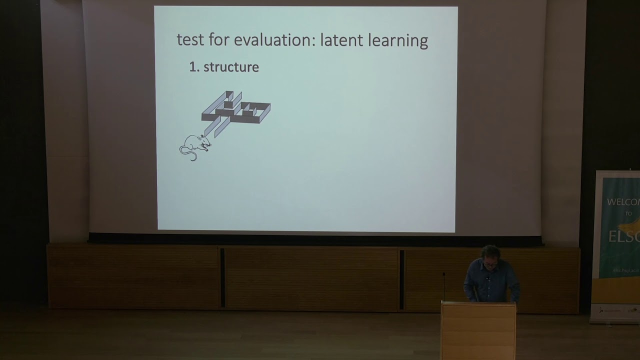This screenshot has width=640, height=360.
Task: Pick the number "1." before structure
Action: [194, 67]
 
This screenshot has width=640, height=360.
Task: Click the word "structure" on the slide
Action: [231, 67]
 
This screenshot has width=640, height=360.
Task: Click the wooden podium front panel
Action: [478, 332]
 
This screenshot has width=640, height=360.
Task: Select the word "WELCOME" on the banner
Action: [623, 202]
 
